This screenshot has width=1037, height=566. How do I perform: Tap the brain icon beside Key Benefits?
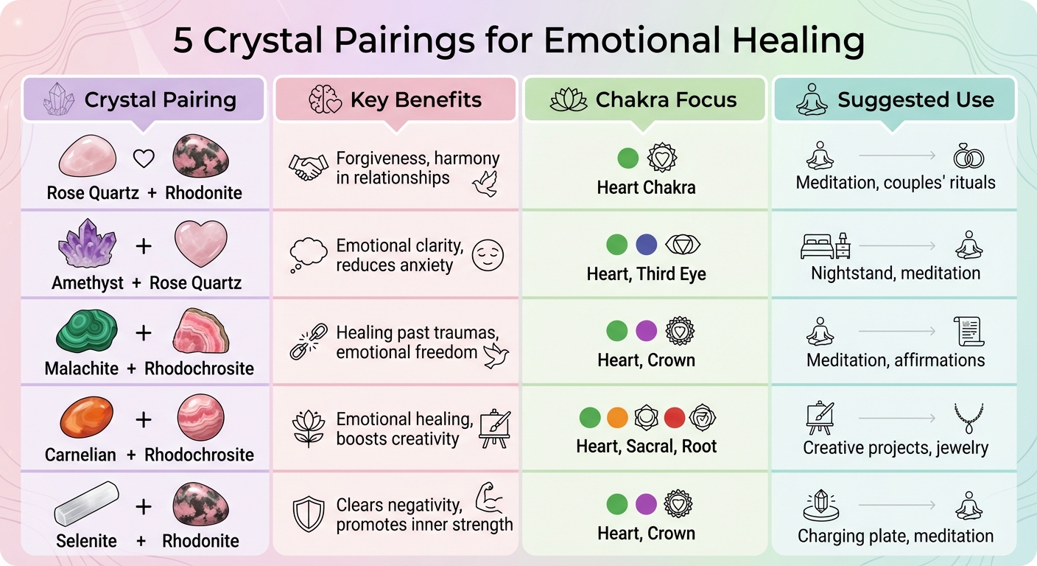tap(325, 100)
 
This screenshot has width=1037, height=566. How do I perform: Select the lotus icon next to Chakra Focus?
tap(569, 100)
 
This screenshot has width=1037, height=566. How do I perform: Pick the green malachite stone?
tap(87, 331)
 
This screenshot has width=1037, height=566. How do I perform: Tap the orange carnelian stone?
tap(86, 418)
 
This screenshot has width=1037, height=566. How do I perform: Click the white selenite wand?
tap(87, 504)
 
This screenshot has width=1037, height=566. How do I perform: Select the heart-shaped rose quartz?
tap(200, 243)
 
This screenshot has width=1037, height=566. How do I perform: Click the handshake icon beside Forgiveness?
tap(308, 168)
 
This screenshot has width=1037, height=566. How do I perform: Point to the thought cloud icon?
tap(309, 254)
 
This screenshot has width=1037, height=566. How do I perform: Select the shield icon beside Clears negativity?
tap(309, 514)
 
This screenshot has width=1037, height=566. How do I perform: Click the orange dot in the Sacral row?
tap(617, 418)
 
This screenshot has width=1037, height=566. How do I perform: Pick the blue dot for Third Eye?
tap(646, 245)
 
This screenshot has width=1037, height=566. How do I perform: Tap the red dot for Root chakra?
tap(675, 418)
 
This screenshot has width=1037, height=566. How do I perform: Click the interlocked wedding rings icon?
tap(968, 156)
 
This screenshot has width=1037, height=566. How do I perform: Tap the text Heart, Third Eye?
tap(646, 274)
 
